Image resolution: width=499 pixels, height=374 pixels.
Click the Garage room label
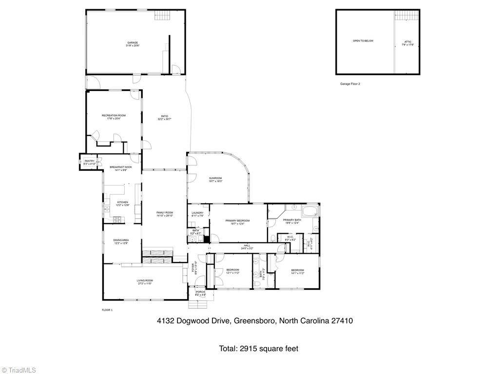click(133, 43)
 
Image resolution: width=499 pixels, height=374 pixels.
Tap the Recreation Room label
click(114, 115)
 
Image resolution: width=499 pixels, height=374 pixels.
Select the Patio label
click(165, 116)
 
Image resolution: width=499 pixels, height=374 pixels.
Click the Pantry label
click(89, 161)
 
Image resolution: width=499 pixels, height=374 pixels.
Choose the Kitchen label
click(122, 202)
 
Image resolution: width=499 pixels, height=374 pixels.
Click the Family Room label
click(165, 213)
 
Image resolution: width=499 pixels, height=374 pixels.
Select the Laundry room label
click(197, 213)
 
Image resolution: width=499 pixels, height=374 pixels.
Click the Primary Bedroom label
click(237, 221)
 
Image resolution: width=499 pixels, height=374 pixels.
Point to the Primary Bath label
click(292, 220)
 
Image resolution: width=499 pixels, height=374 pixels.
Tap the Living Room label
click(145, 280)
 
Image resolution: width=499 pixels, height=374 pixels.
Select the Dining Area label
click(121, 240)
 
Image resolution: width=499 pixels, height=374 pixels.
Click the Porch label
click(200, 292)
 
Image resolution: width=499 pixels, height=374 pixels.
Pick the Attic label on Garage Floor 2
click(408, 42)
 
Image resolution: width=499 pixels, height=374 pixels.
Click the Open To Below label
click(363, 41)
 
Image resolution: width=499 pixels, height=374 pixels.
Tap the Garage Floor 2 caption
click(350, 84)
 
